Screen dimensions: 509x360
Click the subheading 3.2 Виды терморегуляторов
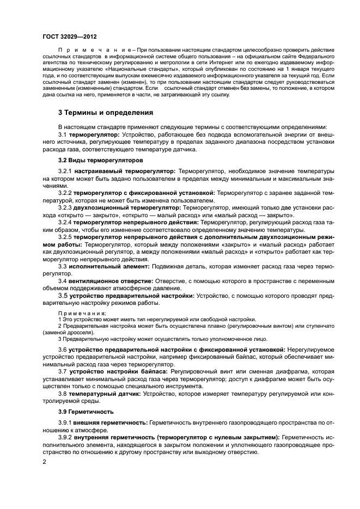[x=101, y=161]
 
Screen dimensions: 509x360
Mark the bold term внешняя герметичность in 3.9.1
[x=111, y=422]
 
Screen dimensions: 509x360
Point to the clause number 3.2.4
[x=65, y=222]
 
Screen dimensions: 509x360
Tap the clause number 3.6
[x=63, y=348]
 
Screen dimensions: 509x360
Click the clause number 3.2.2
[x=65, y=193]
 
